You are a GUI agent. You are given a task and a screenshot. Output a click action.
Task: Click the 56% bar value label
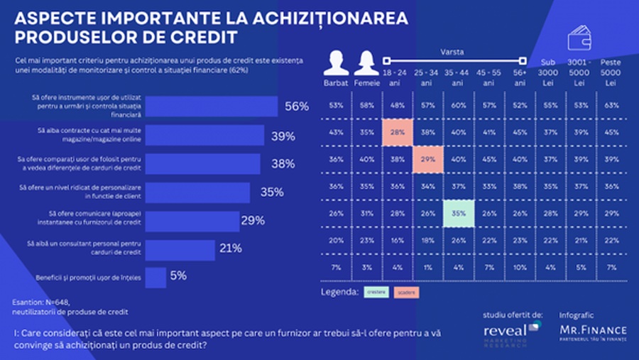coord(297,107)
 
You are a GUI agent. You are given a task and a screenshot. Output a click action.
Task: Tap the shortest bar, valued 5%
coord(155,277)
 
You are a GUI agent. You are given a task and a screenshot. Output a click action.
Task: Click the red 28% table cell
coord(396,133)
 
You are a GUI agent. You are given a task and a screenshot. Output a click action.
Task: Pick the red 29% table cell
coord(427,160)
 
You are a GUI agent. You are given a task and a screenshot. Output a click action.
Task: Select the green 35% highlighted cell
coord(458,214)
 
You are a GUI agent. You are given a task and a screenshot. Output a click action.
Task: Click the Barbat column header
coord(336,83)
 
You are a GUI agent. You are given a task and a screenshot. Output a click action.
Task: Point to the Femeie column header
coord(367,83)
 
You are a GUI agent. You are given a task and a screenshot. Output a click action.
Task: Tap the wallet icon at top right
coord(581,36)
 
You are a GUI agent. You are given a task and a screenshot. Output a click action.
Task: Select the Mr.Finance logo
coord(594,332)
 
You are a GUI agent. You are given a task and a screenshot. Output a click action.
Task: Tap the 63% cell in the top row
coord(610,105)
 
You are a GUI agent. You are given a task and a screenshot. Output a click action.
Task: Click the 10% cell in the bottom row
coord(519,268)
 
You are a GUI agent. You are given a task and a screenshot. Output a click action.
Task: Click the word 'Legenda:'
coord(340,292)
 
